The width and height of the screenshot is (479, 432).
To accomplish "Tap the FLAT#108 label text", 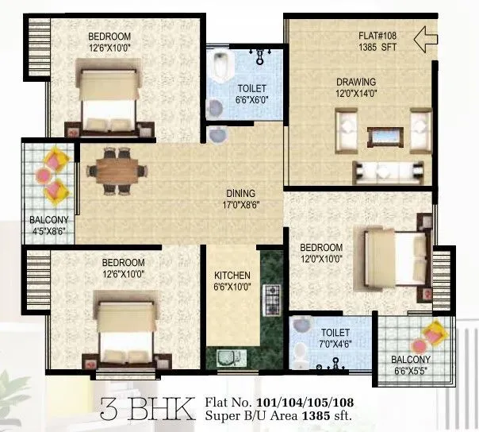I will tap(377, 36).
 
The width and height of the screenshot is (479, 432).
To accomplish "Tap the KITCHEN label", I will tap(232, 276).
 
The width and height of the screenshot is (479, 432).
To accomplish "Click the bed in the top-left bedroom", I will tap(109, 94).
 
